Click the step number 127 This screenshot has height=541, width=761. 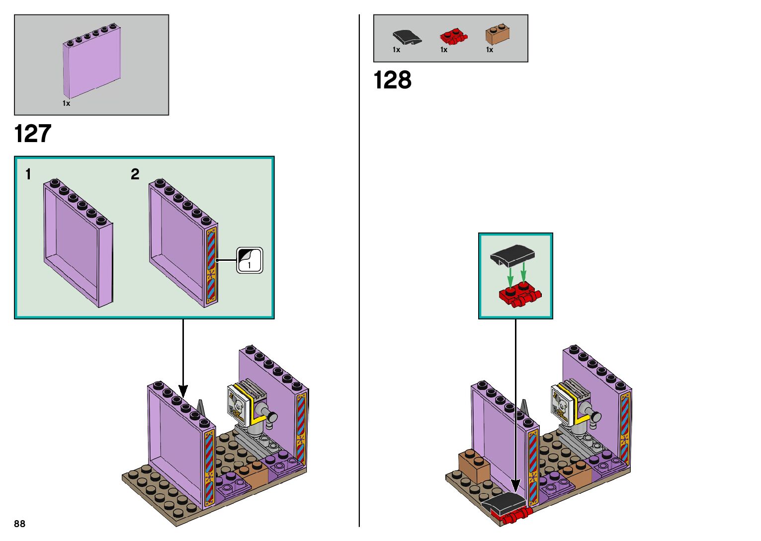click(33, 134)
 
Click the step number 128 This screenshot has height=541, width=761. click(392, 80)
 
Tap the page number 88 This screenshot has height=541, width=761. click(20, 524)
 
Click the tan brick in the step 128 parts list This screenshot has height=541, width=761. click(499, 34)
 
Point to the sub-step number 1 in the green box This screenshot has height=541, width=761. click(28, 174)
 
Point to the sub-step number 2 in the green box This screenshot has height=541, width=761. click(135, 174)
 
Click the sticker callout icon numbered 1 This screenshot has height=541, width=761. click(250, 260)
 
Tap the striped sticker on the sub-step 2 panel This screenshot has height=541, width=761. click(211, 265)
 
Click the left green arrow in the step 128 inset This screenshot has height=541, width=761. click(510, 276)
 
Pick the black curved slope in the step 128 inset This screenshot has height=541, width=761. click(512, 254)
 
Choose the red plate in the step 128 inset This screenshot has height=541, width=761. click(519, 295)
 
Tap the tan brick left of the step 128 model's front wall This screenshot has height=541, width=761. click(474, 466)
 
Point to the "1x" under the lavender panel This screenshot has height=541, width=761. click(66, 103)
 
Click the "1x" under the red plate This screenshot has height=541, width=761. click(444, 50)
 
